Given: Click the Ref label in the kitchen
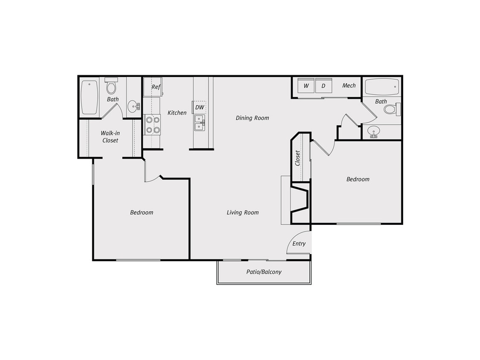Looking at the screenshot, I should (x=156, y=87).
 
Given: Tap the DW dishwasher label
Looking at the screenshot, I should (x=200, y=107).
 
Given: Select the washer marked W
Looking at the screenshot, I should (x=306, y=86).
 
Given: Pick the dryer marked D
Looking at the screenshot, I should (x=323, y=86).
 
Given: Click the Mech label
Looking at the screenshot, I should (x=349, y=86).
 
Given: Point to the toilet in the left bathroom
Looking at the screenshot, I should (x=111, y=87).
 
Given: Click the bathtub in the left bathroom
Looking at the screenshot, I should (x=90, y=97).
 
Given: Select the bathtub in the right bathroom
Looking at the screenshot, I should (x=382, y=87).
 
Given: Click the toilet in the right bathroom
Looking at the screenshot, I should (x=392, y=109).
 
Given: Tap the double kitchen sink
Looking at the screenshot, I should (x=200, y=123).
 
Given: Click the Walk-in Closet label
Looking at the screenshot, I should (x=110, y=136).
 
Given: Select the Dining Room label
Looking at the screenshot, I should (x=252, y=118).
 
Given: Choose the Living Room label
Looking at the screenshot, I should (x=242, y=212).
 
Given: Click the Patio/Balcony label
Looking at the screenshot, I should (x=264, y=272).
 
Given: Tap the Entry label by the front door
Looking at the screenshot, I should (x=299, y=244).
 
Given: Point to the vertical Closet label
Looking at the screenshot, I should (x=297, y=158).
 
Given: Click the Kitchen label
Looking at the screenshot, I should (x=177, y=113).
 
